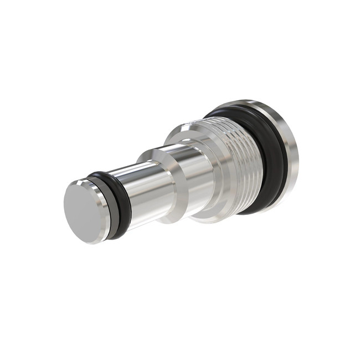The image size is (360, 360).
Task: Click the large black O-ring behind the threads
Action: tap(271, 155)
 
